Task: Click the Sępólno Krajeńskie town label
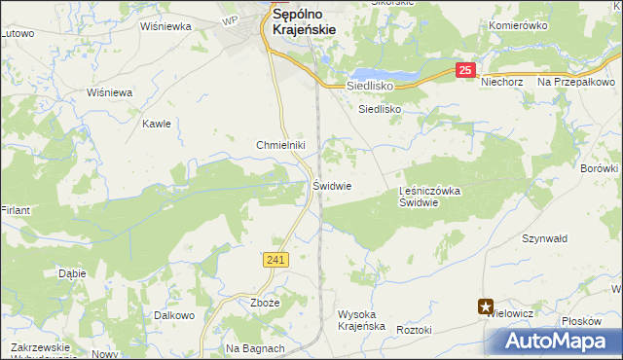coord(305,22)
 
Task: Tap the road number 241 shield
coord(275,259)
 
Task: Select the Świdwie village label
coord(332,185)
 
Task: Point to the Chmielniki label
coord(281,145)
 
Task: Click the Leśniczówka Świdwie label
coord(429,198)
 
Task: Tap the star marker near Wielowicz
coord(485,307)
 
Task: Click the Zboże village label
coord(265,303)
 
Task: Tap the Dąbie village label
coord(72,273)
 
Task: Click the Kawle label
coord(157,124)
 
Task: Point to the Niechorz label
coord(502,83)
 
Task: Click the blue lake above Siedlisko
coord(385,75)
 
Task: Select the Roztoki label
coord(414,331)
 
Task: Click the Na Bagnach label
coord(255,348)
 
